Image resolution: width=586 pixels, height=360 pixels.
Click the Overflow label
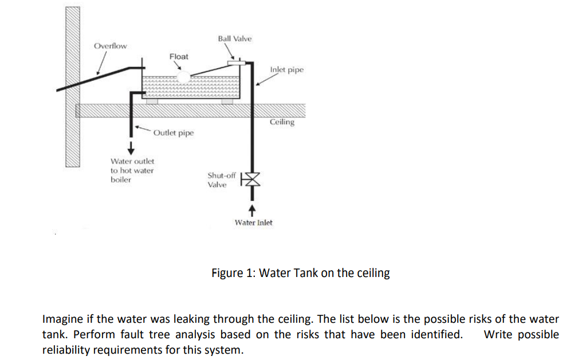111,46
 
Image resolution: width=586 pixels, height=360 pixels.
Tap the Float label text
179,56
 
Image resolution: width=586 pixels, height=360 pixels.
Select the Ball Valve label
234,38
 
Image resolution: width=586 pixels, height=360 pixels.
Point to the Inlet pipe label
286,70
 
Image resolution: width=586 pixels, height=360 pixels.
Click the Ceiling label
282,122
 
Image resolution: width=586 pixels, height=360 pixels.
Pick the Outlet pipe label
174,133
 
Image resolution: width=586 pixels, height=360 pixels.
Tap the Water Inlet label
254,223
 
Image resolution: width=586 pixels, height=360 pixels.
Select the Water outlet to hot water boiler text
132,171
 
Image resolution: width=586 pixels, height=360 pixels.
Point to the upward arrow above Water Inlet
251,209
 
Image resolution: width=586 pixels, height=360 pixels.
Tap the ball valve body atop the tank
236,61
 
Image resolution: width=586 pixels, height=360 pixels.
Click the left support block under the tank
151,101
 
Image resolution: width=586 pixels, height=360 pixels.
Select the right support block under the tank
227,101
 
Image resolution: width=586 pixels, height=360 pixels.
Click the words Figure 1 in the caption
230,273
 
